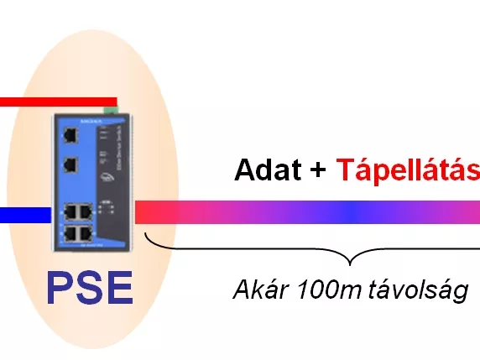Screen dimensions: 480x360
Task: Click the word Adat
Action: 268,170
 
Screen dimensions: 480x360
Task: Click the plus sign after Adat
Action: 318,170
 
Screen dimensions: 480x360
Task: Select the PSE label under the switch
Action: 90,288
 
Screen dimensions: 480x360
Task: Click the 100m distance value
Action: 329,290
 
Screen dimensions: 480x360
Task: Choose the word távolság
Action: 418,291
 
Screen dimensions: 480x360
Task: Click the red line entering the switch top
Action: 58,102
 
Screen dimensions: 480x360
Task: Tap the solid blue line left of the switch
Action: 25,215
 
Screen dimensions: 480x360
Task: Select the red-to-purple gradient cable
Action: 307,212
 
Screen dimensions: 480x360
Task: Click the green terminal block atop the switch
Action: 111,110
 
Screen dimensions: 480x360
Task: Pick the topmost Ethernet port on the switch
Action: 70,135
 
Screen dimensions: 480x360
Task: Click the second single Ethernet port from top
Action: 70,165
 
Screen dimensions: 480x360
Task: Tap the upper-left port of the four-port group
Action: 70,211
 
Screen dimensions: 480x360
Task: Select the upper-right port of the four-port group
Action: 86,211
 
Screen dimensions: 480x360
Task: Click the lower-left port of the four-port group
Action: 70,234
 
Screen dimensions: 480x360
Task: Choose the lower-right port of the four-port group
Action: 86,234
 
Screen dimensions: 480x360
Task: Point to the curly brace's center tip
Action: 350,265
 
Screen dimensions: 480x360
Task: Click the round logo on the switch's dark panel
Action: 107,178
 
